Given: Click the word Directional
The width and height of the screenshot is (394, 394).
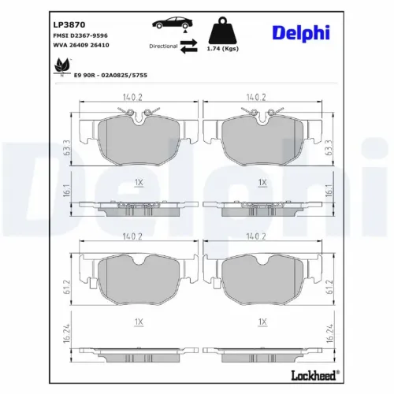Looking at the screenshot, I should pyautogui.click(x=163, y=46).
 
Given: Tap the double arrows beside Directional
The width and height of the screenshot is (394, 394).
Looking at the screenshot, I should pyautogui.click(x=189, y=46).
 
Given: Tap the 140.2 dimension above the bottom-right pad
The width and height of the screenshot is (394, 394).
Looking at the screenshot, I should pyautogui.click(x=255, y=236).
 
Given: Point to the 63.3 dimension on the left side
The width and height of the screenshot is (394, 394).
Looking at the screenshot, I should pyautogui.click(x=69, y=146).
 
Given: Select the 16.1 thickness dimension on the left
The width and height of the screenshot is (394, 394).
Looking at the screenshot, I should pyautogui.click(x=69, y=189).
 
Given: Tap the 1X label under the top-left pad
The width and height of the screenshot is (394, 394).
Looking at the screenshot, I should pyautogui.click(x=139, y=183).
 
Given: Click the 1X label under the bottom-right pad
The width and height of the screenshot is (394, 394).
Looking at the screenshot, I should pyautogui.click(x=261, y=321).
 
